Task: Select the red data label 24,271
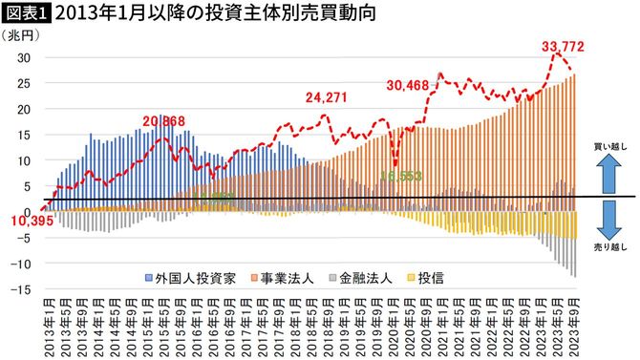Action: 327,96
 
